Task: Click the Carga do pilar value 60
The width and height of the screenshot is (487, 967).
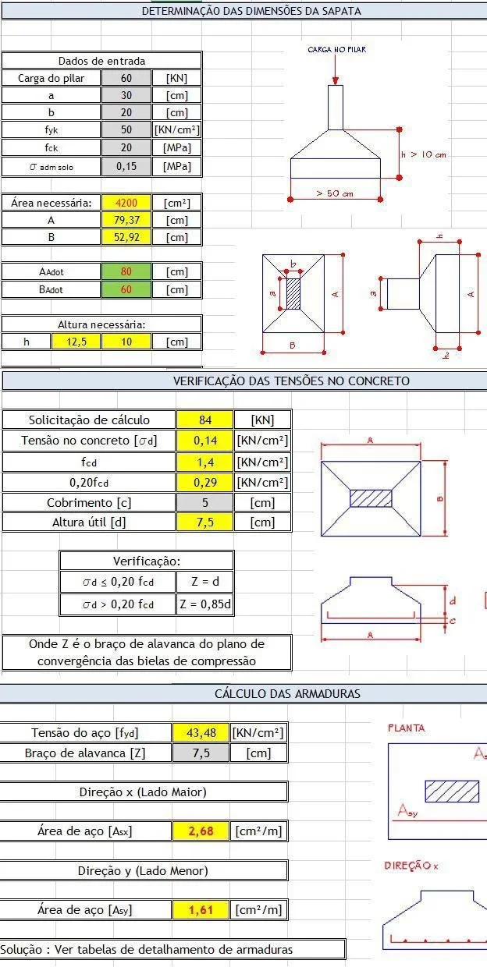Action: tap(126, 78)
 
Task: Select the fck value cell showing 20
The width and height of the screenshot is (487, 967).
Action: tap(126, 147)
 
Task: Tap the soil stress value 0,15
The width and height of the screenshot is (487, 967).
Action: tap(126, 166)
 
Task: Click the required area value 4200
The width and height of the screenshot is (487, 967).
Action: tap(126, 203)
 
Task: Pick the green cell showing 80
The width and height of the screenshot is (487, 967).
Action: tap(126, 271)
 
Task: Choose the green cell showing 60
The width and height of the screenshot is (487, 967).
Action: tap(126, 289)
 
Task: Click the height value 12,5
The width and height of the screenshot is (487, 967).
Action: tap(76, 342)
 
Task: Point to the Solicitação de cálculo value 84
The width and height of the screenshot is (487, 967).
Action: tap(204, 420)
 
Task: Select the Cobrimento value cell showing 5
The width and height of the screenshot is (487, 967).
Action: tap(204, 502)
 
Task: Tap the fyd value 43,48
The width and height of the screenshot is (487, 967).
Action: tap(201, 732)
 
